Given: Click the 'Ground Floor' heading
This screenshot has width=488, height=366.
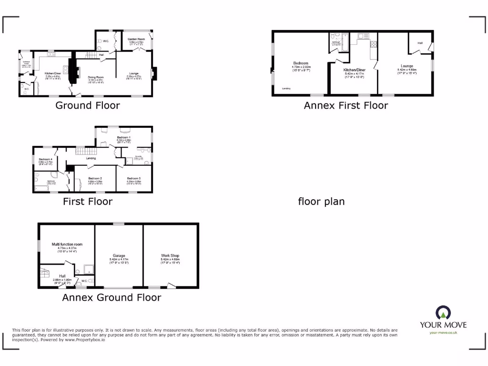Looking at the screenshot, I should [x=88, y=105].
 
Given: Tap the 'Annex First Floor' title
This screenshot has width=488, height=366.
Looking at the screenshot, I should [x=346, y=105].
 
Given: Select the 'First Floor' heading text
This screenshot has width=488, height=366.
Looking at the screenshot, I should [x=88, y=202].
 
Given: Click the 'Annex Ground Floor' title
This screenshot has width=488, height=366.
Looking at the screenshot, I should [x=112, y=297].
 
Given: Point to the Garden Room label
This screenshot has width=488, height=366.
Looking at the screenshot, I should [x=136, y=39].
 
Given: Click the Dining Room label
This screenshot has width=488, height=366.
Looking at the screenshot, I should [x=95, y=77].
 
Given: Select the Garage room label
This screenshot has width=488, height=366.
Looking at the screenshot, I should [x=119, y=255].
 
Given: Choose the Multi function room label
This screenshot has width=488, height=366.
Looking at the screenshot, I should [x=67, y=244].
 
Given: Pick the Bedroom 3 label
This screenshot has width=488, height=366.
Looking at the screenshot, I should [x=133, y=178].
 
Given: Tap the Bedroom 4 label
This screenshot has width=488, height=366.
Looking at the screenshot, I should [x=45, y=159].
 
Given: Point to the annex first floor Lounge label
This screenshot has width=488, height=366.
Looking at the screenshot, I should [x=407, y=66].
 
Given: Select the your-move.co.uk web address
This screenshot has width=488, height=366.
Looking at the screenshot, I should [x=443, y=333].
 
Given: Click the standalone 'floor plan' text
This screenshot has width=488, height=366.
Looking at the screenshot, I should [x=321, y=202].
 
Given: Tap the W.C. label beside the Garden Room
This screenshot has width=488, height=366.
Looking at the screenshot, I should [x=106, y=41].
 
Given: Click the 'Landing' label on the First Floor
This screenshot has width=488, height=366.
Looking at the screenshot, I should [x=91, y=158].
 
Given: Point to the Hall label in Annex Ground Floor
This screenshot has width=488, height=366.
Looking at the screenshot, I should [x=62, y=276].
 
